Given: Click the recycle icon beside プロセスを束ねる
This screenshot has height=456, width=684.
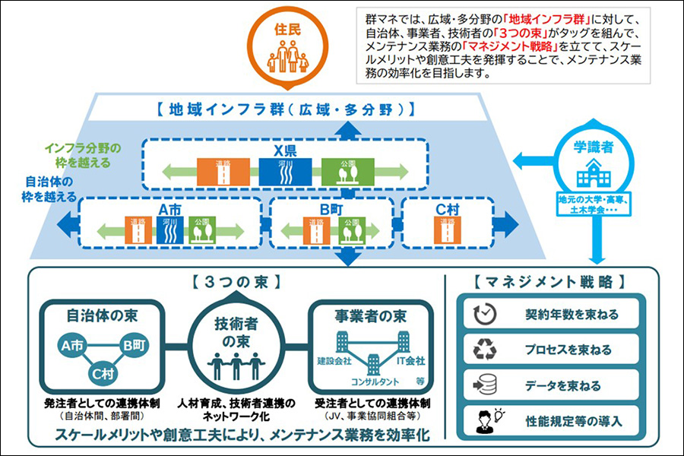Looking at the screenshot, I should coord(484,350).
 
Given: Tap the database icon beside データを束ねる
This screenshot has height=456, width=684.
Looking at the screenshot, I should coord(484,385).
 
